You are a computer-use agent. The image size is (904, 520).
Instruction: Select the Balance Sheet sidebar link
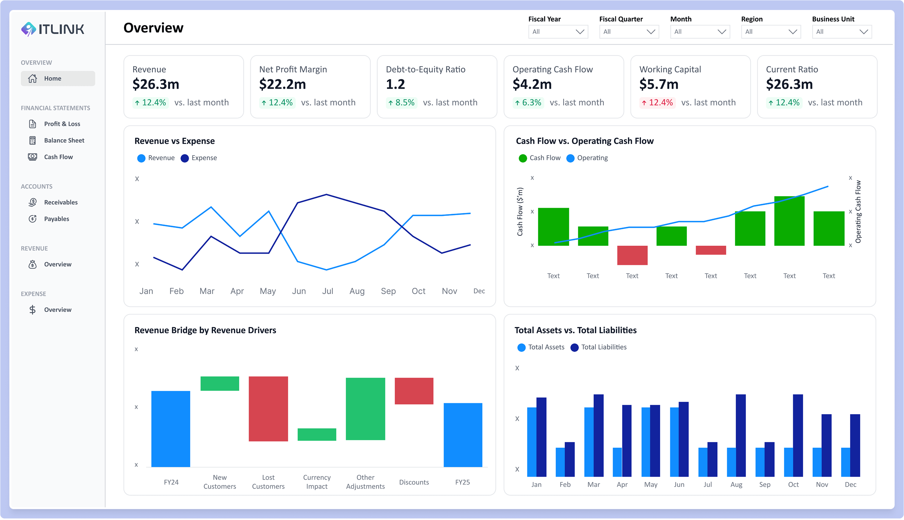coord(64,140)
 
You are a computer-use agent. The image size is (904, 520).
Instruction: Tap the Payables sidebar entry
coord(56,219)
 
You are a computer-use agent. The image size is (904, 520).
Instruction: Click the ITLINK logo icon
coord(28,29)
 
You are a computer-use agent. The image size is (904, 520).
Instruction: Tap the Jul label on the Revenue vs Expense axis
coord(327,291)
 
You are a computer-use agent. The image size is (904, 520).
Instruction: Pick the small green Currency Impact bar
coord(317,434)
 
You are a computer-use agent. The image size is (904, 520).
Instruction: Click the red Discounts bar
coord(414,391)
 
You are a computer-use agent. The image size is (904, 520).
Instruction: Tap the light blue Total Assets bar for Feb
coord(560,462)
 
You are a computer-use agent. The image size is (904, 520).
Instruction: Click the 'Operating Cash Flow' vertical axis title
coord(858,211)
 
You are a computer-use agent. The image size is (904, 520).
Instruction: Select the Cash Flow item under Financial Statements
coord(58,157)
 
